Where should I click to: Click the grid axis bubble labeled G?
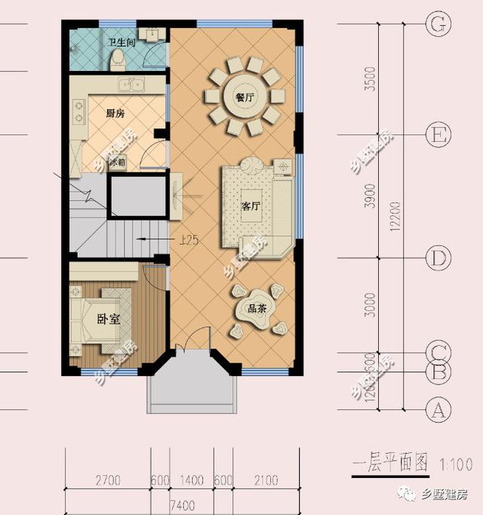(x=437, y=24)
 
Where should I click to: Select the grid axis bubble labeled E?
(x=437, y=136)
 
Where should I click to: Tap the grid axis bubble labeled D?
(x=437, y=258)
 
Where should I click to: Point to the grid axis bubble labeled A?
(x=437, y=411)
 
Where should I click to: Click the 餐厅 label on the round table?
(x=243, y=96)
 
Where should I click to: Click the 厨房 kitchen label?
(x=115, y=113)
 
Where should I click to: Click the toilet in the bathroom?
(x=117, y=62)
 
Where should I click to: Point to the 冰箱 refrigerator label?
(x=116, y=162)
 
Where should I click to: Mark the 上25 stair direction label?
(x=189, y=241)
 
